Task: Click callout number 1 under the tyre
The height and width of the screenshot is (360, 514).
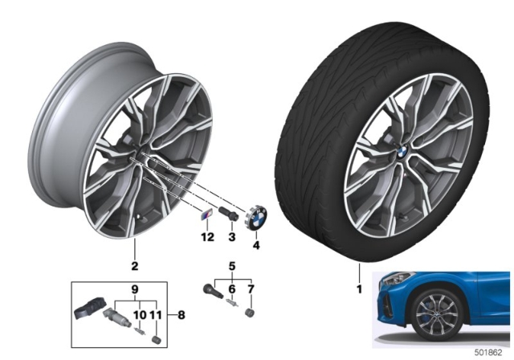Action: (359, 289)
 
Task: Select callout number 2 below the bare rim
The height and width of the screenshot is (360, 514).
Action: (135, 266)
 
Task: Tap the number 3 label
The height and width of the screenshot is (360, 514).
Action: (232, 236)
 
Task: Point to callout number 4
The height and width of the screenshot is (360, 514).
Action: (256, 245)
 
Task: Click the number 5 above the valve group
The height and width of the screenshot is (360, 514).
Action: (232, 266)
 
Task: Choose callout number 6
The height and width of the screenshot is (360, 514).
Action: (232, 289)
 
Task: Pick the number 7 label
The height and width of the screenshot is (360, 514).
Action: (251, 289)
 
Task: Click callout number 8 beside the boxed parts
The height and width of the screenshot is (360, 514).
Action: (182, 315)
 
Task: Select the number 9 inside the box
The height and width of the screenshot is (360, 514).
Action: (135, 289)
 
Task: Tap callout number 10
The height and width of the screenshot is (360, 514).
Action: (140, 315)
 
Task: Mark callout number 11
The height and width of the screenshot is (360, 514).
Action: (156, 315)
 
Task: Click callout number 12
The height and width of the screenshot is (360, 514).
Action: (207, 236)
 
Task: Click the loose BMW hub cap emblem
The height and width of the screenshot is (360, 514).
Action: (256, 217)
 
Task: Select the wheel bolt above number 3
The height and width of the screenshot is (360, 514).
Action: (227, 214)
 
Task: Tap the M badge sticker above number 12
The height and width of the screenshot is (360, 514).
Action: (207, 216)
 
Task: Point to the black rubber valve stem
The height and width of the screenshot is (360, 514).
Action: (213, 291)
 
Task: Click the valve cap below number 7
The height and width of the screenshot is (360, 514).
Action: (251, 313)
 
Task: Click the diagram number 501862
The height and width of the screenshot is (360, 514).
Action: (488, 353)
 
